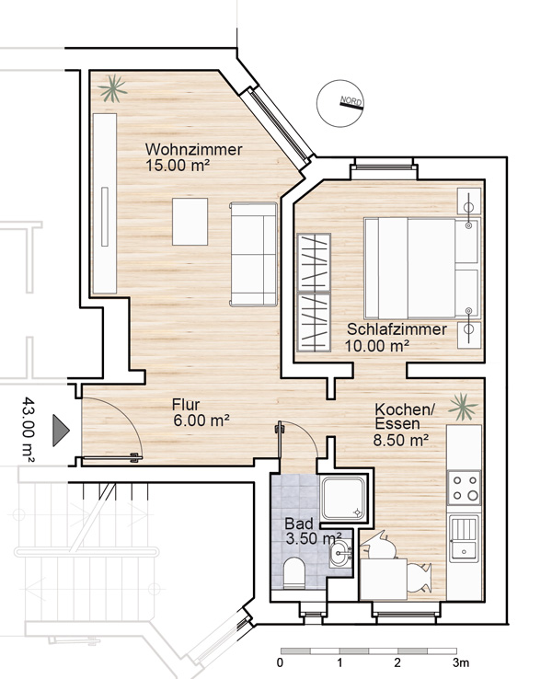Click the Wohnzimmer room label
pos(193,149)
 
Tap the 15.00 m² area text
pos(178,166)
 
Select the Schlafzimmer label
pos(397,329)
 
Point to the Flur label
pos(186,405)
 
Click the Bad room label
pos(299,524)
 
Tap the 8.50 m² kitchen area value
pos(401,441)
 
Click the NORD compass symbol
pos(340,103)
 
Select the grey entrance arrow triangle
pos(61,430)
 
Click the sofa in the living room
pos(254,254)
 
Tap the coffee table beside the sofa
pos(190,222)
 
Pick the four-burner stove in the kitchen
pos(464,488)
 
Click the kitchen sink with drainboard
pos(464,538)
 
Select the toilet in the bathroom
pos(294,573)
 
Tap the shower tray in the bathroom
pos(344,498)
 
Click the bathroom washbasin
pos(340,553)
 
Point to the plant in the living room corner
pos(112,88)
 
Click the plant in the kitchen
pos(463,407)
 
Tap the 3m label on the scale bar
pos(461,662)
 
